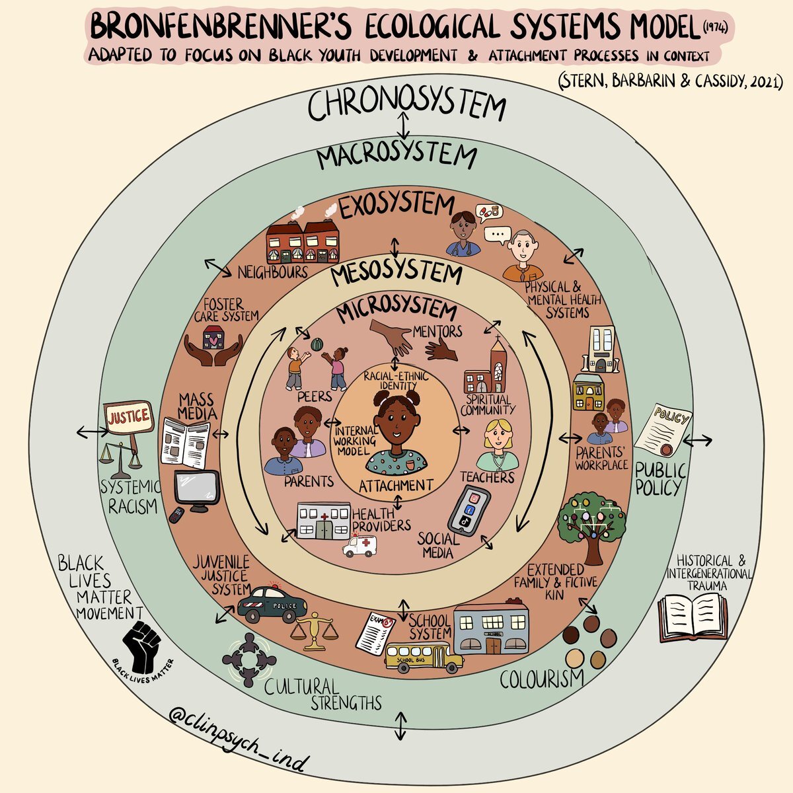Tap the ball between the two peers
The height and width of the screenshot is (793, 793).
tap(317, 344)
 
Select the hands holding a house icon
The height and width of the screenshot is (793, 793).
tap(213, 347)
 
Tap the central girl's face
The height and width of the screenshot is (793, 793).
tap(395, 426)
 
